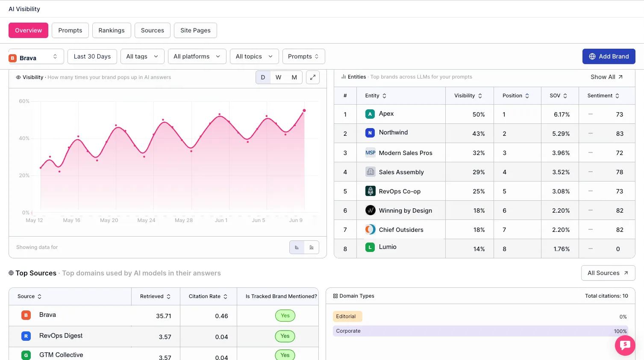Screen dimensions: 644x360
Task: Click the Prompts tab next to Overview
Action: click(x=70, y=30)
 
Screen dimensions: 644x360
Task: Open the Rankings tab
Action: click(x=112, y=30)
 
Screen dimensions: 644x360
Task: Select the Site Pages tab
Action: click(x=195, y=30)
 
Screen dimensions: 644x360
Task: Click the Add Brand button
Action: click(x=609, y=56)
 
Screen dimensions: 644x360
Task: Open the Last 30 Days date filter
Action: click(x=92, y=56)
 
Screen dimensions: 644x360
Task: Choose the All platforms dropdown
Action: click(x=197, y=56)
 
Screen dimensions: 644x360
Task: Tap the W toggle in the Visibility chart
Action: click(x=278, y=77)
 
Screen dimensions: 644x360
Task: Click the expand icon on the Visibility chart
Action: click(x=313, y=77)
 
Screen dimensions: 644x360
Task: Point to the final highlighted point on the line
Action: click(x=304, y=111)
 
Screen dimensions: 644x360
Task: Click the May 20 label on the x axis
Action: click(x=109, y=220)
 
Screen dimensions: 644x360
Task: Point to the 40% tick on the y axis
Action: click(x=24, y=138)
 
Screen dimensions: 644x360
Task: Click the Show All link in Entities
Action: click(x=607, y=77)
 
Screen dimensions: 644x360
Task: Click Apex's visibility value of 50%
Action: click(x=479, y=114)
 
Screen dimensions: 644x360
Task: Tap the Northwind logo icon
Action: click(x=370, y=133)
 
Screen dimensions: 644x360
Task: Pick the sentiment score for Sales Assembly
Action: click(x=620, y=172)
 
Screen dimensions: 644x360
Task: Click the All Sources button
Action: click(x=608, y=273)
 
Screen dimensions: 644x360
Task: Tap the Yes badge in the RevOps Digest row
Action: click(x=285, y=336)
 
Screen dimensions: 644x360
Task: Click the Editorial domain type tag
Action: click(x=347, y=316)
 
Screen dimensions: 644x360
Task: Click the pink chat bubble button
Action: click(x=625, y=345)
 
